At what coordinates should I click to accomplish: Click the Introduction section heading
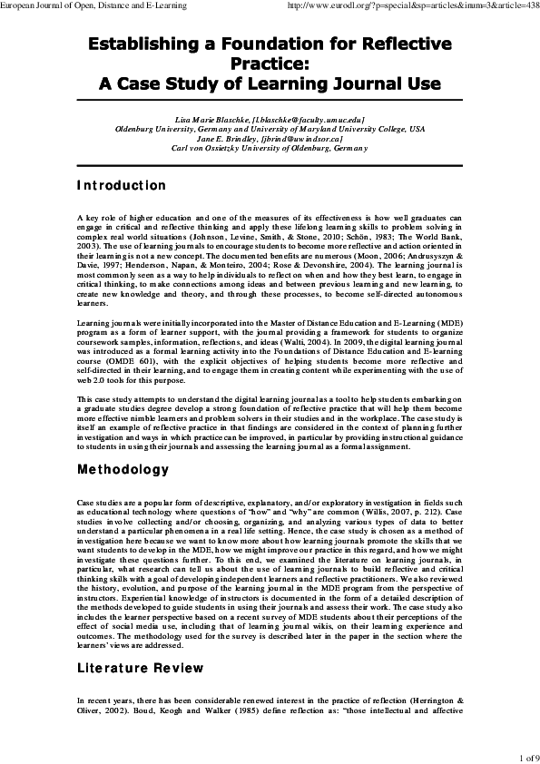(x=121, y=186)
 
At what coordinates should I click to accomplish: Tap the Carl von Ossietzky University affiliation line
(x=270, y=149)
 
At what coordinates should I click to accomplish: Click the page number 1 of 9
(x=527, y=756)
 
